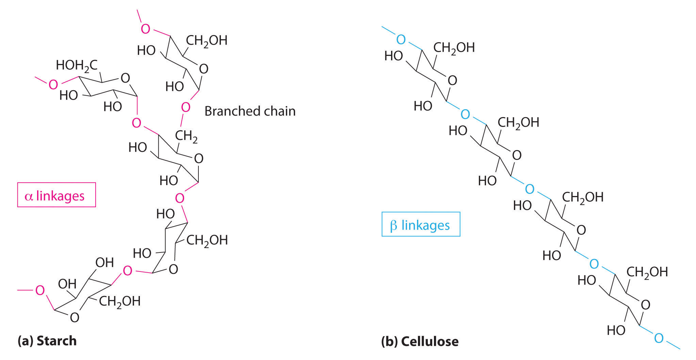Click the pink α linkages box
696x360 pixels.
(x=56, y=195)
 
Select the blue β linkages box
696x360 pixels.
(x=421, y=225)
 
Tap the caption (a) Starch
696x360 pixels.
(x=47, y=341)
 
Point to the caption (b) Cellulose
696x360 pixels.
(x=420, y=341)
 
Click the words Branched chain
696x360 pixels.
(x=250, y=111)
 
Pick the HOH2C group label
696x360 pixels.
(x=77, y=65)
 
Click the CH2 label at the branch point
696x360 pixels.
(x=186, y=136)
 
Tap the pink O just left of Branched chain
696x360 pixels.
(x=185, y=108)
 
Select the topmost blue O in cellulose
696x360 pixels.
(x=401, y=40)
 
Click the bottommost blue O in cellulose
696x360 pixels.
(x=659, y=338)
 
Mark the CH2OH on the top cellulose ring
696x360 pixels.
(x=454, y=48)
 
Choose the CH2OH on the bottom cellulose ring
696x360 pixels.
(x=647, y=272)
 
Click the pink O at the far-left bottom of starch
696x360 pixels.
(x=40, y=290)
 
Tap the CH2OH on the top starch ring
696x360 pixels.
(x=207, y=40)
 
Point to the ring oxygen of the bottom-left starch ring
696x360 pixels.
(x=75, y=317)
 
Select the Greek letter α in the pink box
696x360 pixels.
(x=29, y=196)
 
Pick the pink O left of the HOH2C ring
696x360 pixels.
(x=53, y=84)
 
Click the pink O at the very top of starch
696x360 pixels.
(x=145, y=29)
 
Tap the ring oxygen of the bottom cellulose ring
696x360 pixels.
(x=645, y=305)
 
